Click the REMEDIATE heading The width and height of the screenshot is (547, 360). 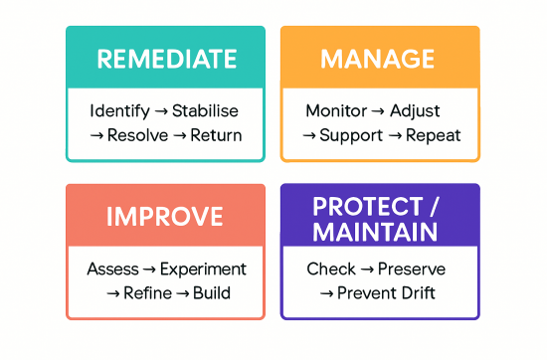pyautogui.click(x=165, y=58)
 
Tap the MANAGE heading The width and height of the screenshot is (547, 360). pyautogui.click(x=379, y=58)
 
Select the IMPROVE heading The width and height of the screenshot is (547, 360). pyautogui.click(x=165, y=216)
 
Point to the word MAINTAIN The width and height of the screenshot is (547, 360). pyautogui.click(x=374, y=233)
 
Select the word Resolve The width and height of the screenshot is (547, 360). pyautogui.click(x=137, y=135)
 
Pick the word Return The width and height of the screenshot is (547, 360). pyautogui.click(x=217, y=135)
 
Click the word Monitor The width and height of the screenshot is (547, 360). pyautogui.click(x=336, y=110)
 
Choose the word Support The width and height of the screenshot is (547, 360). pyautogui.click(x=351, y=135)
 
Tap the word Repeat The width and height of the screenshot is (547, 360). pyautogui.click(x=434, y=135)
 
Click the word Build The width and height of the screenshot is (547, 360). pyautogui.click(x=213, y=293)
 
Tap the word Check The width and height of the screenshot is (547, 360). pyautogui.click(x=331, y=269)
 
